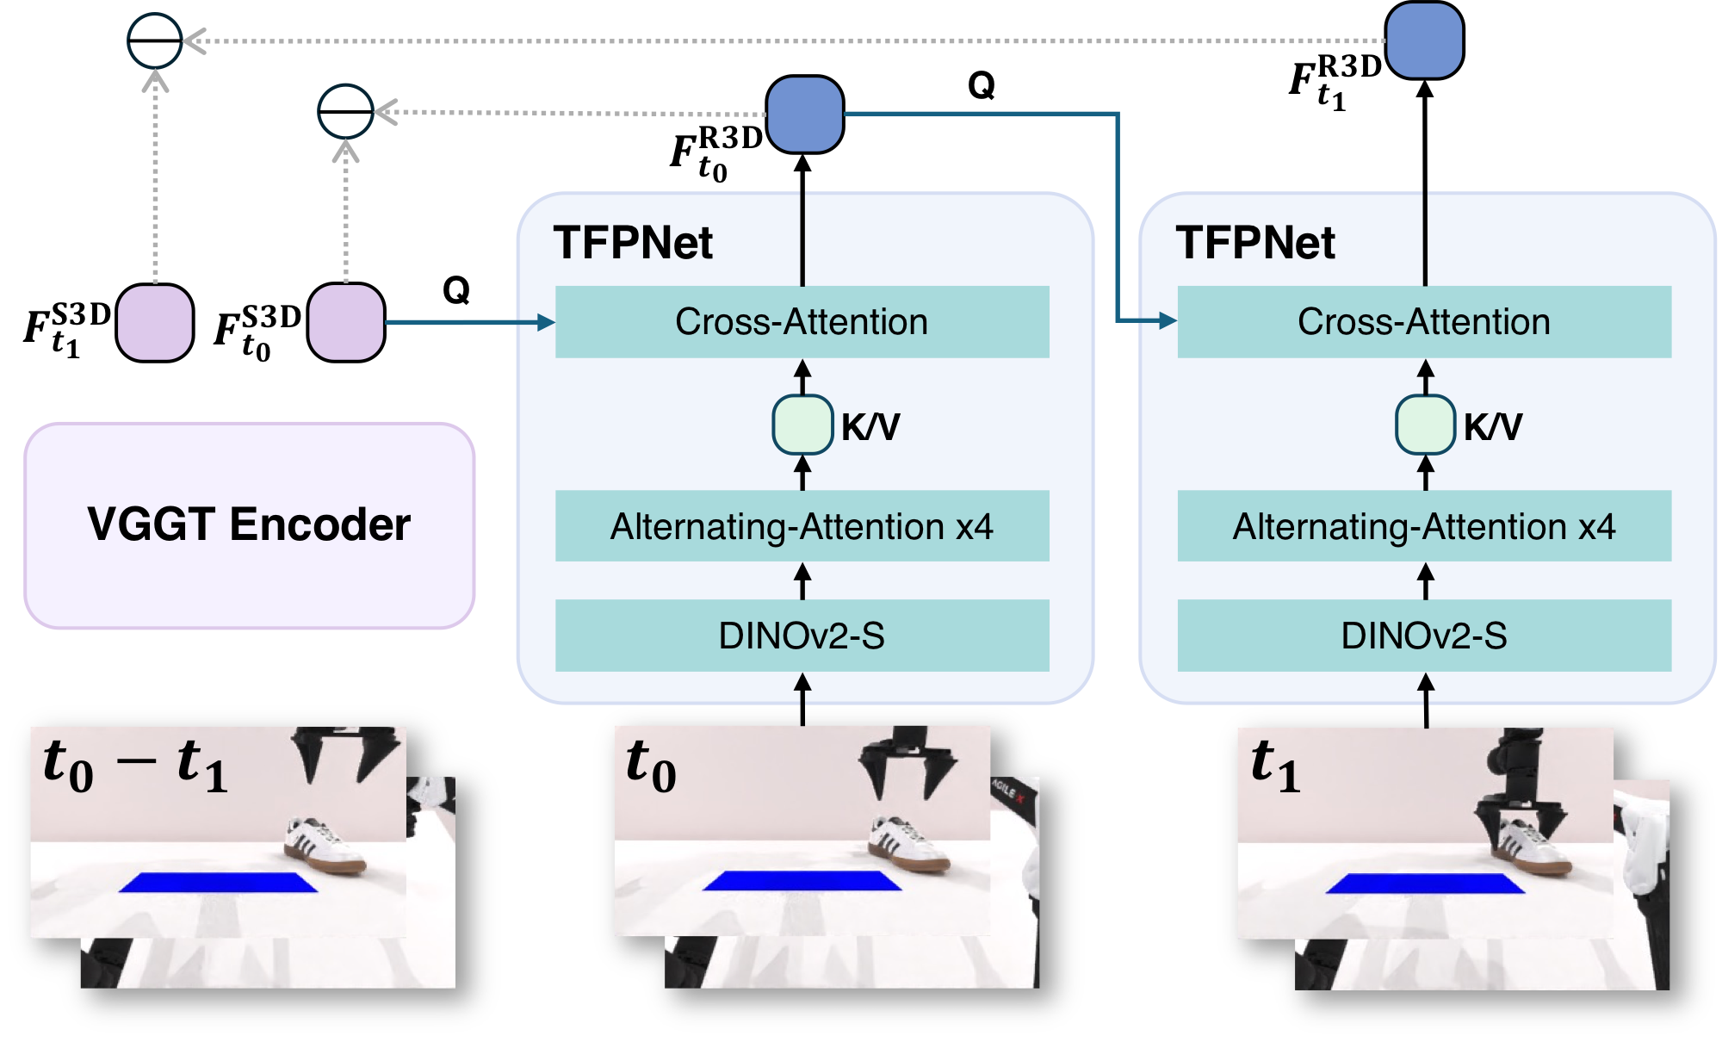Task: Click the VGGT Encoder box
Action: tap(249, 525)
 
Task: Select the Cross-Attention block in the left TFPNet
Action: tap(802, 322)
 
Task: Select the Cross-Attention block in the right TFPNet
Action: tap(1424, 322)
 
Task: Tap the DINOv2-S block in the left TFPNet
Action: tap(802, 636)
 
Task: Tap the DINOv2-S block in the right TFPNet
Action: tap(1424, 636)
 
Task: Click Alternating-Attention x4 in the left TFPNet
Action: tap(802, 526)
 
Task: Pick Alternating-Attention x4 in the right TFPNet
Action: tap(1424, 526)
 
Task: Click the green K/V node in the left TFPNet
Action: tap(802, 425)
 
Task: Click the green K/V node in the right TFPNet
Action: tap(1425, 425)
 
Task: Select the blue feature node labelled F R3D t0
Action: tap(804, 115)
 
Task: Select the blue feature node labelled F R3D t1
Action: tap(1424, 40)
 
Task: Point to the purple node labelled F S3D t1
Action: tap(155, 323)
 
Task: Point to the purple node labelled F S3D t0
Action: tap(346, 323)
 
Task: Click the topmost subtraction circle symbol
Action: tap(155, 40)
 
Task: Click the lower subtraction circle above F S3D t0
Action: tap(345, 112)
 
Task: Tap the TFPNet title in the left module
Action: tap(633, 243)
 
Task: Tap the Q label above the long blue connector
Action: tap(982, 85)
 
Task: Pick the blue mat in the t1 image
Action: tap(1424, 884)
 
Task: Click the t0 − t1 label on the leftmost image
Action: tap(136, 765)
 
